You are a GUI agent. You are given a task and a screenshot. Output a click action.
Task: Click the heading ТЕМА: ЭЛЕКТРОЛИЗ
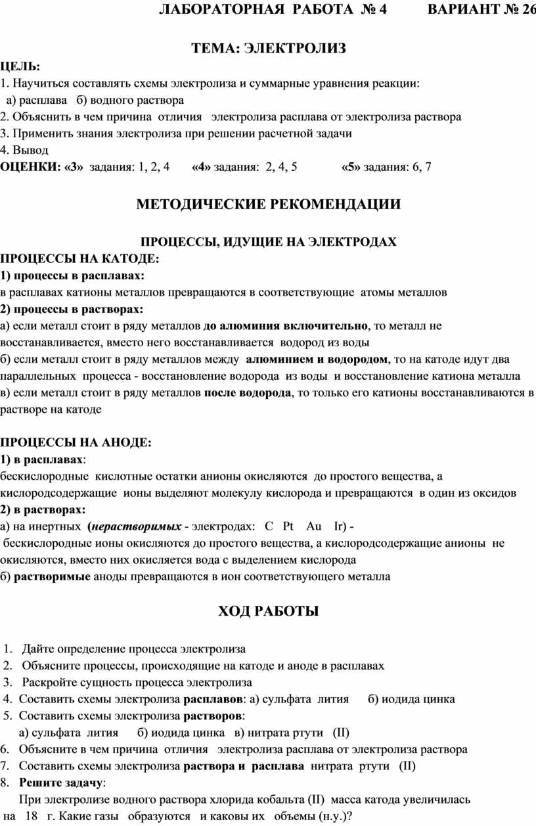(268, 49)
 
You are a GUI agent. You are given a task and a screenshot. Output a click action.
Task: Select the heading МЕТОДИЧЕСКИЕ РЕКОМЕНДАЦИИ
(268, 204)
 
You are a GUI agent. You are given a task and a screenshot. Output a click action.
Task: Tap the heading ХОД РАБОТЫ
(268, 612)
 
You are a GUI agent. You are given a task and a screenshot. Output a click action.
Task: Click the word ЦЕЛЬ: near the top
(20, 66)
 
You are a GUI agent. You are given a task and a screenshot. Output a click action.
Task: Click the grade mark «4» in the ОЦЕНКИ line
(201, 167)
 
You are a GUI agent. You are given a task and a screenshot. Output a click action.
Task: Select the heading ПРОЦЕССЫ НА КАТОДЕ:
(79, 258)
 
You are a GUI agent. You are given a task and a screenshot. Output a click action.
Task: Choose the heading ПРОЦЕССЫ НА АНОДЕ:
(76, 442)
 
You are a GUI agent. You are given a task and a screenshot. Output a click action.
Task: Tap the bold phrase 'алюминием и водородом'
(316, 359)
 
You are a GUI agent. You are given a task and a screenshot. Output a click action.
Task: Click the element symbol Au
(314, 526)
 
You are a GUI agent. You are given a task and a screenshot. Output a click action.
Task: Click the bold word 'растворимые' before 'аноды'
(52, 577)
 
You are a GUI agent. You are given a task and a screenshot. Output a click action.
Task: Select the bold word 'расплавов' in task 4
(213, 699)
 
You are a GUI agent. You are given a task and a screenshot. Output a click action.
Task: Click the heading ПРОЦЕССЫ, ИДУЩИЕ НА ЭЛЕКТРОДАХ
(269, 242)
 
